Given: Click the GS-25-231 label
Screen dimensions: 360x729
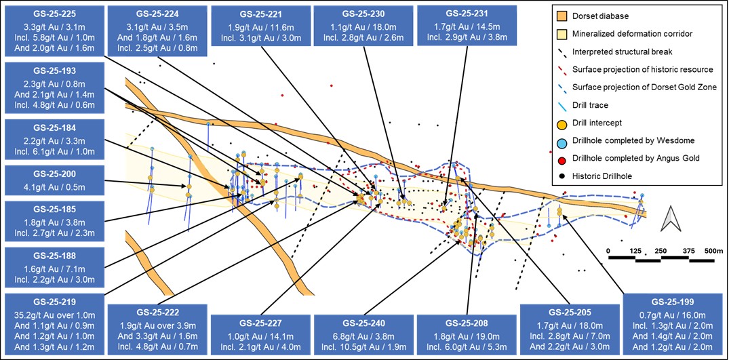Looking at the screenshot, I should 465,13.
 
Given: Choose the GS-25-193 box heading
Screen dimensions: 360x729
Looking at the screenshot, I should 54,71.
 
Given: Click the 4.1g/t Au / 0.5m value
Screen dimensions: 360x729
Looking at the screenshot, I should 54,186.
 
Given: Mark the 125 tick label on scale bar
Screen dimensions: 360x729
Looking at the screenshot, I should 635,250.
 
